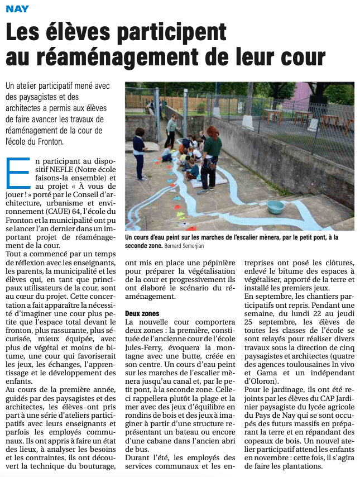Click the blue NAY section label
click(x=17, y=9)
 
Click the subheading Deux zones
click(x=142, y=314)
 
